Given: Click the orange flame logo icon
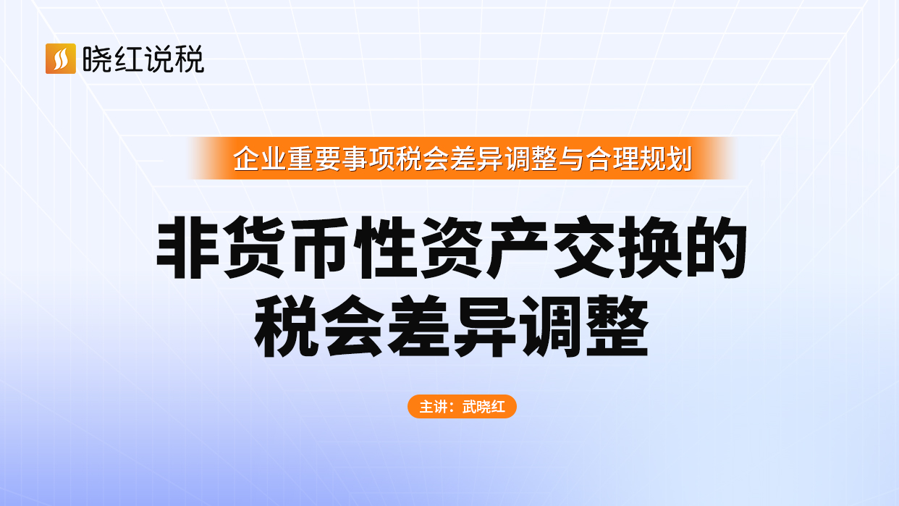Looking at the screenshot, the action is tap(61, 59).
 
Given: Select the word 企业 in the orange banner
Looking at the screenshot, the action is tap(260, 159).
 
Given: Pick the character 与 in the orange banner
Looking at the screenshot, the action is tap(572, 159).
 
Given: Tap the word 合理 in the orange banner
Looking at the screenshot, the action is tap(612, 159).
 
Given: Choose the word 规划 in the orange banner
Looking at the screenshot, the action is tap(666, 159).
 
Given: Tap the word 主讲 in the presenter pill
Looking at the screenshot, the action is tap(433, 407).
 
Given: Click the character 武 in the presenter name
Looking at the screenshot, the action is tap(469, 407).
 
